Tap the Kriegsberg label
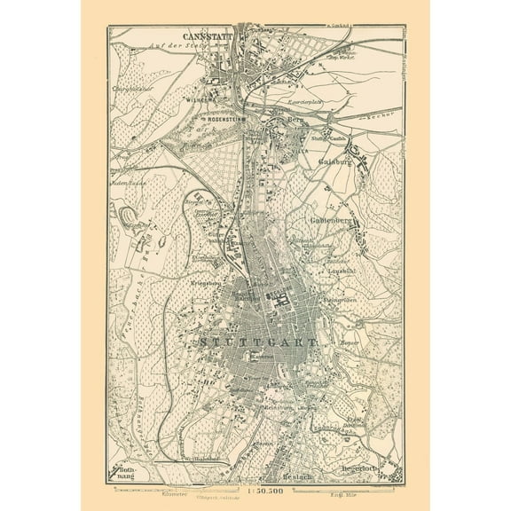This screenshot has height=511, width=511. (205, 282)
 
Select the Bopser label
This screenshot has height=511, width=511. (348, 341)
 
